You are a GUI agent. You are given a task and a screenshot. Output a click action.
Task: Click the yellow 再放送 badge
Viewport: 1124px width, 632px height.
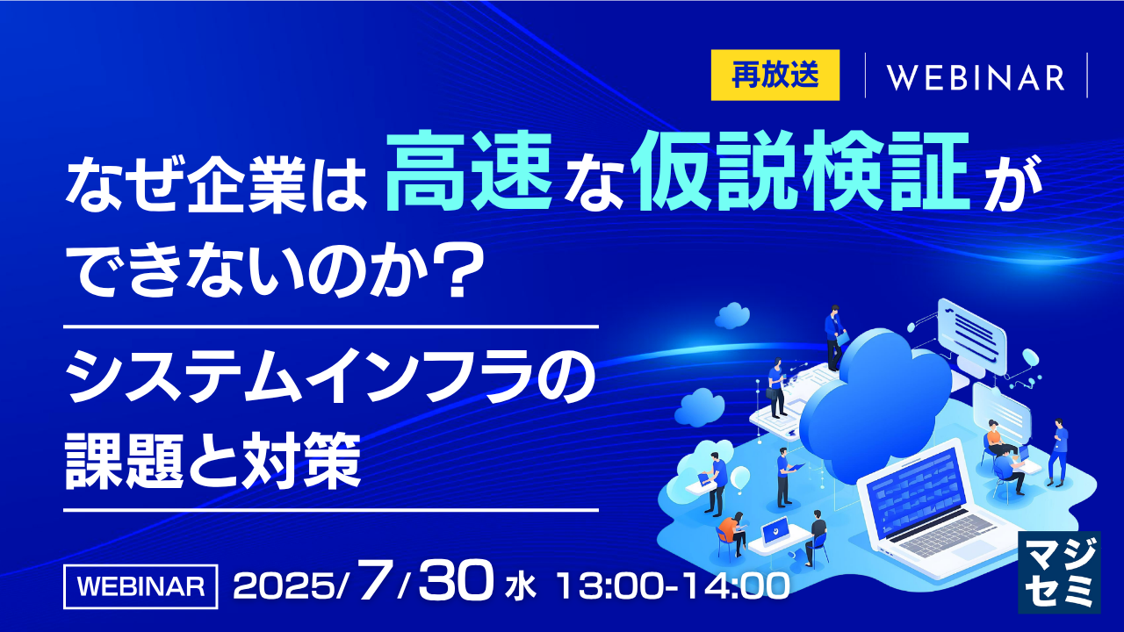[775, 75]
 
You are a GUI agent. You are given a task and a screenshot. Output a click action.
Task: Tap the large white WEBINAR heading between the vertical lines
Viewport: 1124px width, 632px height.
[976, 78]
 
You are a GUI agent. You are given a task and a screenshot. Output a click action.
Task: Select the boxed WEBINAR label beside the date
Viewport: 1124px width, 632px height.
[140, 586]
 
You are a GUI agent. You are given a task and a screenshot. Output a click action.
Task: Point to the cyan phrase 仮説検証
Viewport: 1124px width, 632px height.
[799, 170]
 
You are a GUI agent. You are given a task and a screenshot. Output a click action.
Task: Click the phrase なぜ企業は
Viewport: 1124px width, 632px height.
[216, 184]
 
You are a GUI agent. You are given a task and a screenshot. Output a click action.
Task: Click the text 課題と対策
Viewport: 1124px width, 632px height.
[213, 461]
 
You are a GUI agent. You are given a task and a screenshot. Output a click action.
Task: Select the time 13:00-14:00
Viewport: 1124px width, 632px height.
[674, 585]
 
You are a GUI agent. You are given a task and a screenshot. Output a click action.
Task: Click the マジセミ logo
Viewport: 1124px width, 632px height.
[1059, 571]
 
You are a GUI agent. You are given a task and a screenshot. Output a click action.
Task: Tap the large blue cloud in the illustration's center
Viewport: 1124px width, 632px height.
[875, 406]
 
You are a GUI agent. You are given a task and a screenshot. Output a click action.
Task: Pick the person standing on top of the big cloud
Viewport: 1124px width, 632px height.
[834, 338]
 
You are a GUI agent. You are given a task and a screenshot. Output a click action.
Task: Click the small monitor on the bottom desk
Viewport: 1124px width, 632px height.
[775, 531]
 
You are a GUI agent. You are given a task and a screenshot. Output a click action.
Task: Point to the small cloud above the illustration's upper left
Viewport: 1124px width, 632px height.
[732, 315]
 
